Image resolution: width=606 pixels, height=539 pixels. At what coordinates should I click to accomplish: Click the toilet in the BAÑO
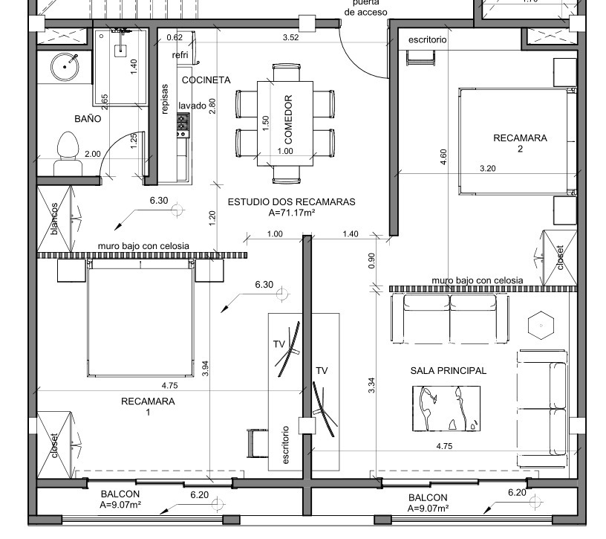[68, 154]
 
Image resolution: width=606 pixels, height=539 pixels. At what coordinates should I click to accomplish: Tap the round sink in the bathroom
[65, 67]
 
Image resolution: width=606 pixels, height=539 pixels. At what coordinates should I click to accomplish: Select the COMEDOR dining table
[285, 123]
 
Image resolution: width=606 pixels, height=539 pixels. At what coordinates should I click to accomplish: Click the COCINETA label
[206, 80]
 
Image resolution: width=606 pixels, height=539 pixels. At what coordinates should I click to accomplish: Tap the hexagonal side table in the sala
[541, 326]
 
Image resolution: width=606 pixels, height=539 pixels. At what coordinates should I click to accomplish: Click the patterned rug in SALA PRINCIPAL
[446, 408]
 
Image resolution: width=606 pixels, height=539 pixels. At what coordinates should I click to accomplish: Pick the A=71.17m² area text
[291, 213]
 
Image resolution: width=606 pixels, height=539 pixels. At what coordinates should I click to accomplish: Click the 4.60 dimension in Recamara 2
[443, 157]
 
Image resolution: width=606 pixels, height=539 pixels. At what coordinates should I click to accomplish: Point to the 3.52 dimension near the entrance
[290, 37]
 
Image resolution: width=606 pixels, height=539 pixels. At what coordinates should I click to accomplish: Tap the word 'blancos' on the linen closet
[54, 219]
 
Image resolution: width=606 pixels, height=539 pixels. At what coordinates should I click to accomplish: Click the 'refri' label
[180, 55]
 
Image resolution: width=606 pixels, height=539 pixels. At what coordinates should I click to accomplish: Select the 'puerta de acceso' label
[365, 7]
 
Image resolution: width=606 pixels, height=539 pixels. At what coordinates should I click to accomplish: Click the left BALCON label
[120, 494]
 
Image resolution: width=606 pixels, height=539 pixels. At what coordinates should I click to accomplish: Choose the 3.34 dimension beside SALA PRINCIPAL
[371, 385]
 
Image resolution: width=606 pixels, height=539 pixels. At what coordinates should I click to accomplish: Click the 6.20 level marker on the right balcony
[517, 493]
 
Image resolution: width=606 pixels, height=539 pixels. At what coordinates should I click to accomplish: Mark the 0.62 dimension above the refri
[175, 37]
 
